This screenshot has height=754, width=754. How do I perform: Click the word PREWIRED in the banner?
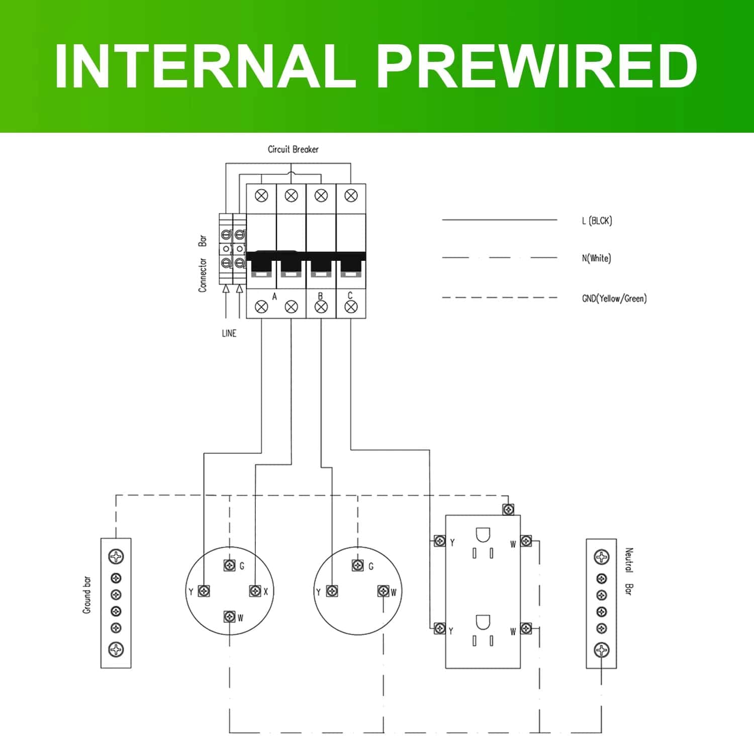[x=536, y=66]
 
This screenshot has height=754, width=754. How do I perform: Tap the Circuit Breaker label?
[x=293, y=149]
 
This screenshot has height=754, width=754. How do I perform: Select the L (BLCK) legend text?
[x=597, y=221]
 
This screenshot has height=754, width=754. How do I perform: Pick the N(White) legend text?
[x=596, y=258]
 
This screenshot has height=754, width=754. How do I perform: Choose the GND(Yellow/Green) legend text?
[x=614, y=299]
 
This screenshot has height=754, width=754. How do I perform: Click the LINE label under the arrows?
[x=229, y=333]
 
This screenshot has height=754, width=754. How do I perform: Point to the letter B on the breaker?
[x=320, y=296]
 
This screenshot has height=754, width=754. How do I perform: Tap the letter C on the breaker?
[x=350, y=296]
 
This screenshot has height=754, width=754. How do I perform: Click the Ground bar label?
[x=87, y=595]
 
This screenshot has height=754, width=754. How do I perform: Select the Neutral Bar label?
[x=628, y=572]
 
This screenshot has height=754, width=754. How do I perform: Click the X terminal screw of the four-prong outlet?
[x=255, y=591]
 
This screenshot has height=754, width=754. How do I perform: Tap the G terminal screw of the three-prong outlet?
[x=358, y=565]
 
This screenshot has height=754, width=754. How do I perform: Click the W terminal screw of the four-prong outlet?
[x=230, y=616]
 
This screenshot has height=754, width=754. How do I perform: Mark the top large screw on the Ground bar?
[x=116, y=556]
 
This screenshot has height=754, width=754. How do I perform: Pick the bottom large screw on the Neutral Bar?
[x=602, y=650]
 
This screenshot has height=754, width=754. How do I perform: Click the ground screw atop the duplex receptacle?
[x=508, y=509]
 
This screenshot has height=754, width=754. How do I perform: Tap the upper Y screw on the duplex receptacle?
[x=439, y=541]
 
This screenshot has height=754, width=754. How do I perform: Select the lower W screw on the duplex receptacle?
[x=526, y=628]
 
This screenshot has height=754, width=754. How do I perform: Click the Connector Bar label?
[x=202, y=263]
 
